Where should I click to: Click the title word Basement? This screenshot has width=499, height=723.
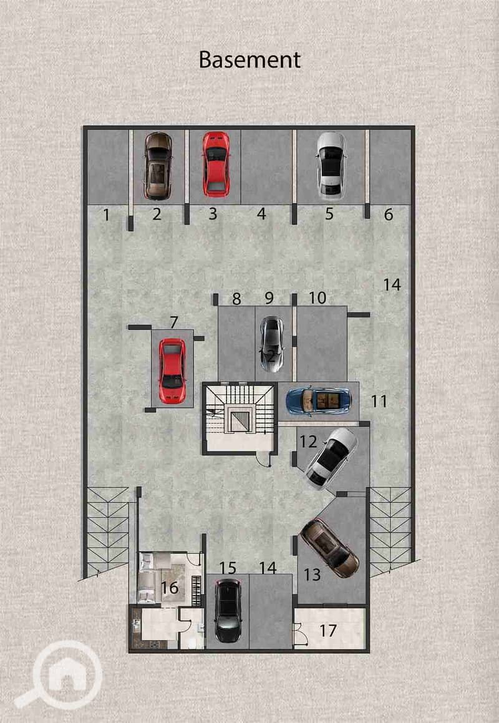[249, 60]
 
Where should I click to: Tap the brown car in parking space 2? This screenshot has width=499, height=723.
[158, 166]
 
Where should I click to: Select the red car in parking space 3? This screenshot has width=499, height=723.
[216, 164]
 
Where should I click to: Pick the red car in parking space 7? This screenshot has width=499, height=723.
[172, 371]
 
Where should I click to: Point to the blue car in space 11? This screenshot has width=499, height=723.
[319, 401]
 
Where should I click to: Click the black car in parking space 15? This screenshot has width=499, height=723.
[228, 611]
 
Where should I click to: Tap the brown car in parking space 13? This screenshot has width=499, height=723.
[329, 548]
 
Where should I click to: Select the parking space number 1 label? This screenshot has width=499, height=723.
[107, 215]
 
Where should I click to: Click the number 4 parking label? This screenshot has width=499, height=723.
[261, 214]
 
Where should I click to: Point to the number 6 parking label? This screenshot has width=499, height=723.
[389, 215]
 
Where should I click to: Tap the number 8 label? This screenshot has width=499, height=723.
[236, 299]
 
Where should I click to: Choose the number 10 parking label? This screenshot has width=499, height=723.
[317, 298]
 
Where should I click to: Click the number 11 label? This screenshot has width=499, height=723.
[379, 401]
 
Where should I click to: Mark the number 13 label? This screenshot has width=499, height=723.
[312, 575]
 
